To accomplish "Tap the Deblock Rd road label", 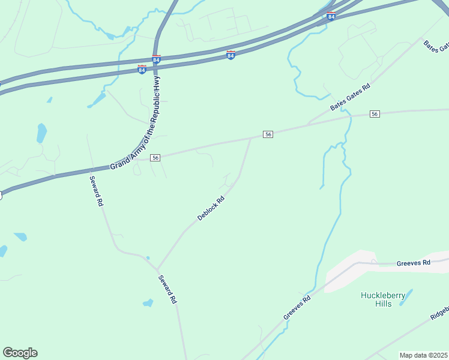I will [211, 208].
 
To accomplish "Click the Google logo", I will [20, 353].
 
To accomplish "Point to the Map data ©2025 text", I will [423, 355].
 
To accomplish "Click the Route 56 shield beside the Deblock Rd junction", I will [268, 134].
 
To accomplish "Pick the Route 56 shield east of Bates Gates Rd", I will [375, 114].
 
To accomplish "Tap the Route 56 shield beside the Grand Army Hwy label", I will [155, 157].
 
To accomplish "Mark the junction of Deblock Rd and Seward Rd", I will [157, 269].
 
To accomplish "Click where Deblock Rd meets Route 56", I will [251, 138].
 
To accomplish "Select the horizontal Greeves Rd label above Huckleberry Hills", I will [414, 263].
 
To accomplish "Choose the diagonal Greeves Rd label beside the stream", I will [297, 307].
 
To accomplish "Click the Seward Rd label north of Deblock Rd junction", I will [97, 191].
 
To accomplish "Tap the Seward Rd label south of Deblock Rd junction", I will [167, 289].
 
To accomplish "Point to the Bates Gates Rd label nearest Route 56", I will [351, 97].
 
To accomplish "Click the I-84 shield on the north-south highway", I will [156, 60].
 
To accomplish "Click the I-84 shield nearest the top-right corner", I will [331, 16].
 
